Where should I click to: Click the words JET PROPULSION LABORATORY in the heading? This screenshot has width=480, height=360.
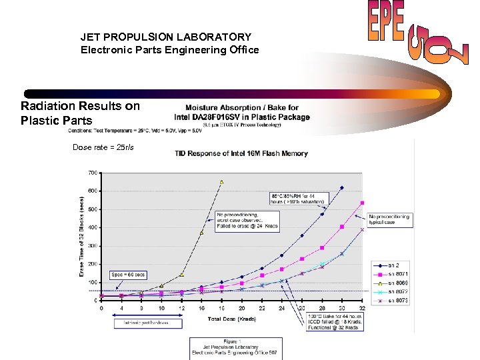[x=166, y=37]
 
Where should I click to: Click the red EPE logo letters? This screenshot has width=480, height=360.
[x=386, y=25]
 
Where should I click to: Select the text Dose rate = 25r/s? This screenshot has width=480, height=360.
[x=103, y=147]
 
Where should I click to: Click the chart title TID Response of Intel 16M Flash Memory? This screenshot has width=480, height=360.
[x=241, y=153]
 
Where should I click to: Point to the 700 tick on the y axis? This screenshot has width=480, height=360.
[x=93, y=173]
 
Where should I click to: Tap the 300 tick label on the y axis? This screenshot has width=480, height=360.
[x=93, y=245]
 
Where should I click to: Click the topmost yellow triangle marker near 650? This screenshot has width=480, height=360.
[x=221, y=181]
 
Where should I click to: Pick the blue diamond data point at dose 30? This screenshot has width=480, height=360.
[x=342, y=188]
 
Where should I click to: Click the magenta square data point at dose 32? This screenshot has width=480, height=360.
[x=362, y=203]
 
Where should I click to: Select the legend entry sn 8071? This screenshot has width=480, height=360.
[x=388, y=273]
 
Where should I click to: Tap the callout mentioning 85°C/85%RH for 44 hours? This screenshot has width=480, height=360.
[x=297, y=197]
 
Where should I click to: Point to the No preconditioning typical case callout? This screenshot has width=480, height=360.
[x=390, y=219]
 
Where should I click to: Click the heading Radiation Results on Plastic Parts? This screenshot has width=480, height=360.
[x=80, y=113]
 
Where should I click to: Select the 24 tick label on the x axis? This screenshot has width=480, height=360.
[x=282, y=308]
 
